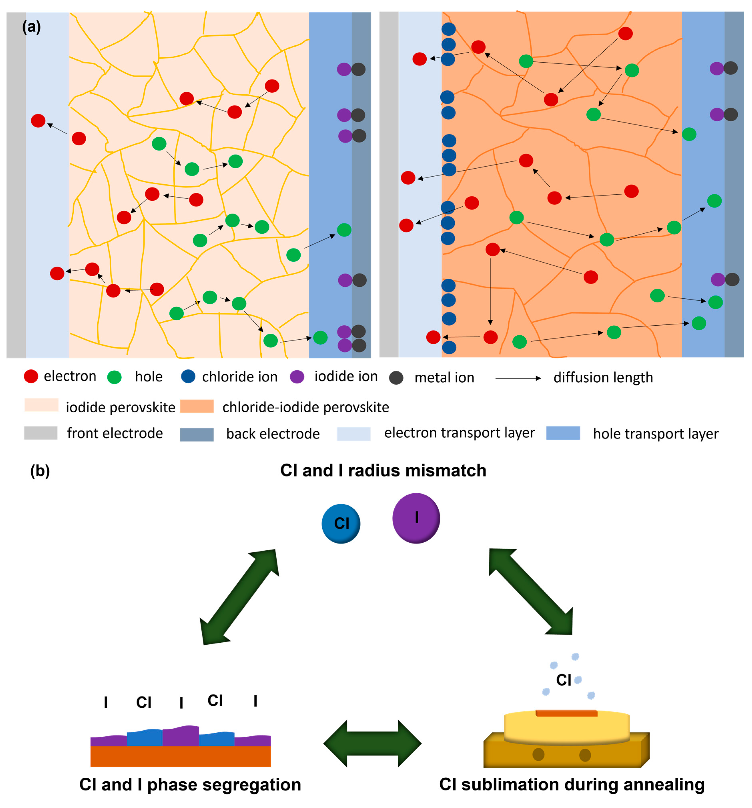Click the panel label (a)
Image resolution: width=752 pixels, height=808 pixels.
click(31, 27)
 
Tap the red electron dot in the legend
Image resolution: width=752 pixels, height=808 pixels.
click(31, 376)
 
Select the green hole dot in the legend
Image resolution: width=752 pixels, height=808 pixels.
click(114, 377)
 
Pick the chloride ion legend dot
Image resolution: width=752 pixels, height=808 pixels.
click(188, 376)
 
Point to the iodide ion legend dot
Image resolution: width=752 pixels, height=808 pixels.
click(297, 376)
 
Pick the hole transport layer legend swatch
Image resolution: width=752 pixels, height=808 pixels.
click(563, 433)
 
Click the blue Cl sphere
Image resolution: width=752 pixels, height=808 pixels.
click(341, 524)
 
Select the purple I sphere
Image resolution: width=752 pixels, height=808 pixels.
click(416, 518)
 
